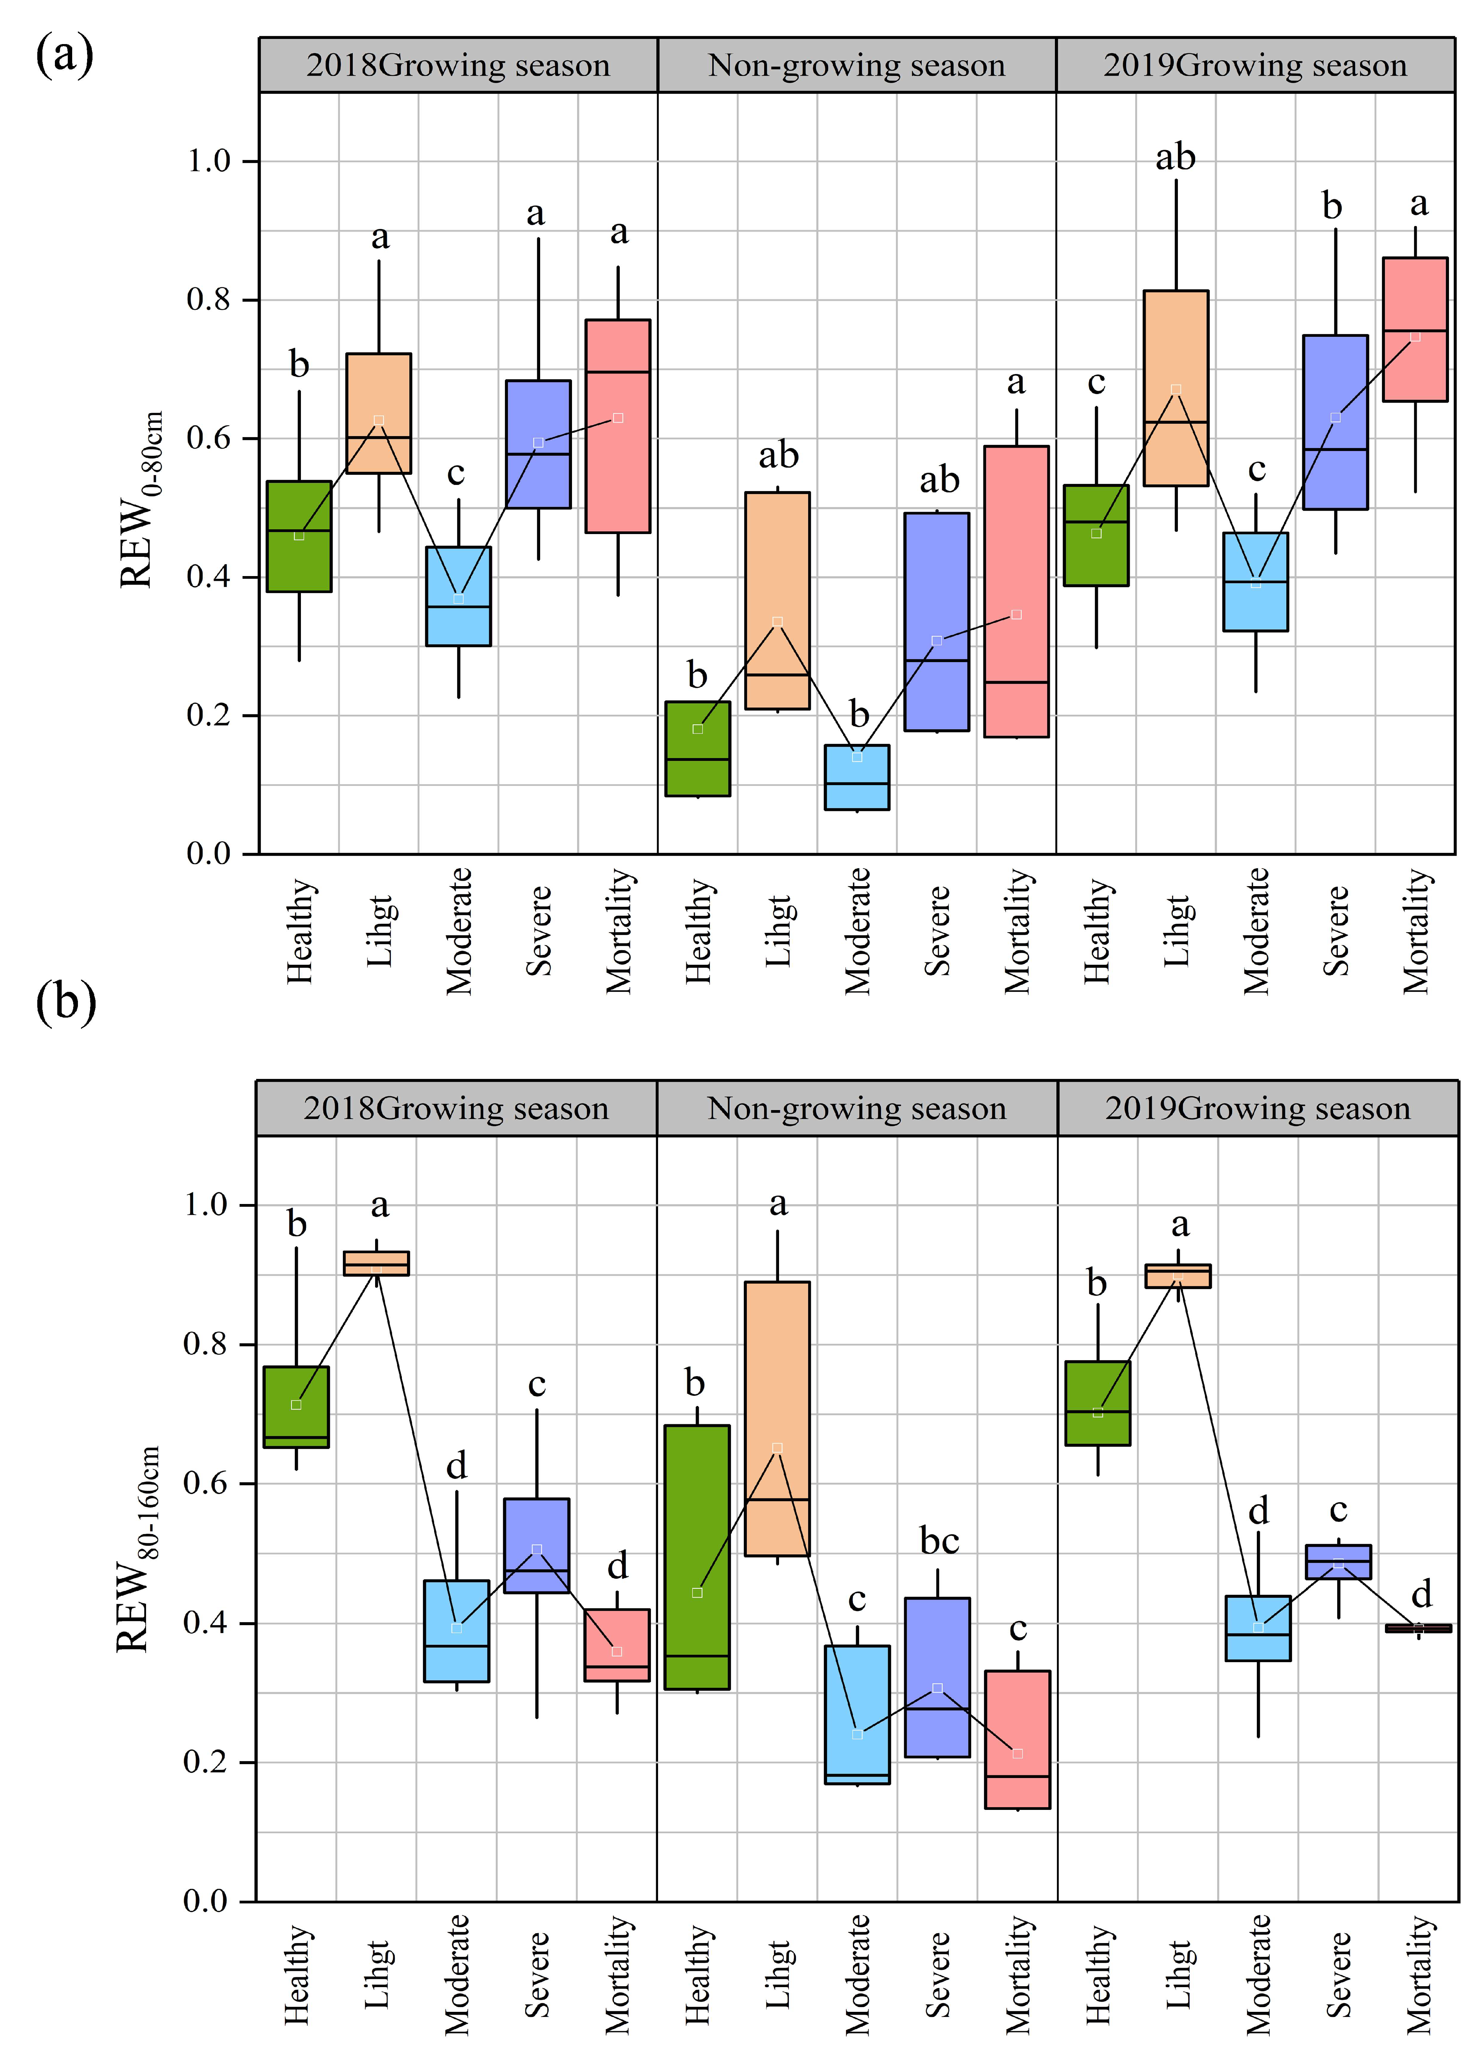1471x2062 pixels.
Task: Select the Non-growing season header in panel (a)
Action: pyautogui.click(x=856, y=65)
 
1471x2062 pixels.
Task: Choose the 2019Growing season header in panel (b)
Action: pyautogui.click(x=1257, y=1108)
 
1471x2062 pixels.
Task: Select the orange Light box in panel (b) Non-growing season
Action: pyautogui.click(x=777, y=1418)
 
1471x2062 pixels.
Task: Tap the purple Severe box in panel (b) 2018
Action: pyautogui.click(x=536, y=1545)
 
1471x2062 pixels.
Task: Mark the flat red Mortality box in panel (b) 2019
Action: pyautogui.click(x=1418, y=1627)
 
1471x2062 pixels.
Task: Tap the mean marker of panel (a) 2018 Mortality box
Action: pyautogui.click(x=618, y=417)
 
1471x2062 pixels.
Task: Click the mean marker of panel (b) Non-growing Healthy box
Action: pyautogui.click(x=697, y=1592)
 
